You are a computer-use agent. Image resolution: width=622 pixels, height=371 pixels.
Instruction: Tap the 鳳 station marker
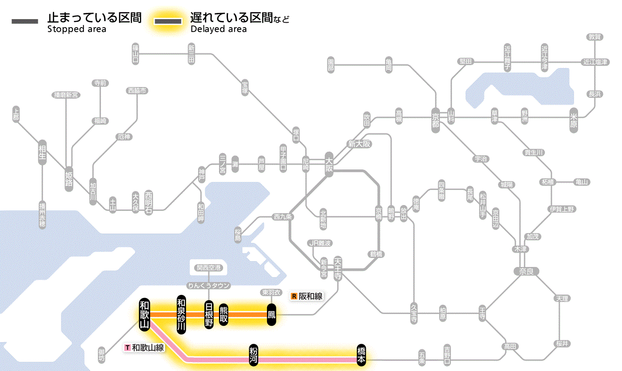click(x=271, y=315)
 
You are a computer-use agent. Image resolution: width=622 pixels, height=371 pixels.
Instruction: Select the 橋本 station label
click(x=361, y=355)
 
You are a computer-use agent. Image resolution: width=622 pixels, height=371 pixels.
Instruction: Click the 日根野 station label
click(x=209, y=315)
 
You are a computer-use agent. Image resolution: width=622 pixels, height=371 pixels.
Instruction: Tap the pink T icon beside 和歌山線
click(x=128, y=347)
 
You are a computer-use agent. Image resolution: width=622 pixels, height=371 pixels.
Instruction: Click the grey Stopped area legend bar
click(x=24, y=21)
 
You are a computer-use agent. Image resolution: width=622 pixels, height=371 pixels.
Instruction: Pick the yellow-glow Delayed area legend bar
click(x=167, y=21)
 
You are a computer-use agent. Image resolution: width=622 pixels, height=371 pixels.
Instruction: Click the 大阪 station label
click(x=329, y=164)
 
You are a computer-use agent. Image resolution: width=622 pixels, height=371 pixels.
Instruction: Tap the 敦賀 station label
click(x=595, y=37)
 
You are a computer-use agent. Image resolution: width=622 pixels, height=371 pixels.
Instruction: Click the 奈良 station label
click(x=526, y=271)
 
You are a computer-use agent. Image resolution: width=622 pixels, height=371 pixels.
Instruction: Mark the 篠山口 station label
click(x=136, y=53)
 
